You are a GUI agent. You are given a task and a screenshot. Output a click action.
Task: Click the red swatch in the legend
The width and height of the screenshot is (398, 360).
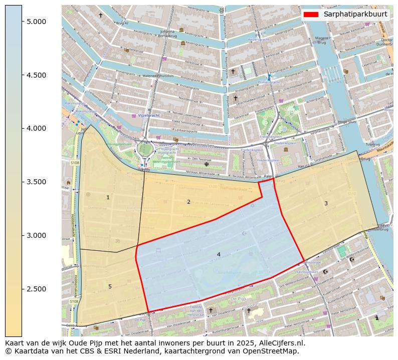[x=311, y=14]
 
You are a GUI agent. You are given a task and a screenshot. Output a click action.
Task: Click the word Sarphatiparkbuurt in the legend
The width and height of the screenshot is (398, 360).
[x=355, y=14]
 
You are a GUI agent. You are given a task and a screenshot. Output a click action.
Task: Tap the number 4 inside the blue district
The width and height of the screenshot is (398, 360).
[x=219, y=254]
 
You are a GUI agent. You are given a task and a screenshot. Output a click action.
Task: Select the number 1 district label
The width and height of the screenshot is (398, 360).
[x=108, y=198]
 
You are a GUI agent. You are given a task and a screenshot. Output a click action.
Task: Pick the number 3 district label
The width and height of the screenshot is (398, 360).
[x=326, y=203]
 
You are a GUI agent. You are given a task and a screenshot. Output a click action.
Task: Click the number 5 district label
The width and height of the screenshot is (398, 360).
[x=110, y=286]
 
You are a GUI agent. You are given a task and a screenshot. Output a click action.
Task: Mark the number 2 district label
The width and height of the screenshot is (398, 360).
[x=188, y=202]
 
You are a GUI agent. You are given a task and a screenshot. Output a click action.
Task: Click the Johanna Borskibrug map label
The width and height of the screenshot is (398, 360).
[x=167, y=33]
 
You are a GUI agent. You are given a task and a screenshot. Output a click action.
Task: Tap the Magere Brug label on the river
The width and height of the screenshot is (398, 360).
[x=322, y=40]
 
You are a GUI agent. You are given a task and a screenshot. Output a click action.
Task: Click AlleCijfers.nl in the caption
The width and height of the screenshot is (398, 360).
[x=280, y=343]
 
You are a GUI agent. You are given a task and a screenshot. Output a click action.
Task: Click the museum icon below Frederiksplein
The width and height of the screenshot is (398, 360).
[x=286, y=149]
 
